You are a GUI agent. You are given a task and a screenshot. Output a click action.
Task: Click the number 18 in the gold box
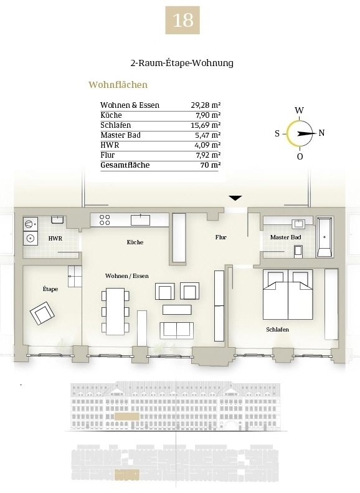(x=183, y=20)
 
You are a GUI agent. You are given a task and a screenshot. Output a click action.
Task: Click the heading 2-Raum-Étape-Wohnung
(x=182, y=63)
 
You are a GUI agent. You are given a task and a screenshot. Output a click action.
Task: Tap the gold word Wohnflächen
(x=118, y=85)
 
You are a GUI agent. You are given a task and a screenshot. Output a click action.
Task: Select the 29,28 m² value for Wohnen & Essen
(x=206, y=105)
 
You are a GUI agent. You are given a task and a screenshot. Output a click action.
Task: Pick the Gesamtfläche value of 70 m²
(x=210, y=165)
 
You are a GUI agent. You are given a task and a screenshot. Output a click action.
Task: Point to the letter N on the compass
(x=321, y=133)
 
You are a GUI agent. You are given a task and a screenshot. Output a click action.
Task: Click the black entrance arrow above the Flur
(x=235, y=198)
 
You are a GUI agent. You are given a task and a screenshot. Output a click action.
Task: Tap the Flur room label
(x=221, y=237)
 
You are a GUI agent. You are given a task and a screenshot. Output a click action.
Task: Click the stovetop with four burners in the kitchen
(x=105, y=220)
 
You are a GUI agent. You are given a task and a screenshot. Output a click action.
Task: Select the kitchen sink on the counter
(x=140, y=220)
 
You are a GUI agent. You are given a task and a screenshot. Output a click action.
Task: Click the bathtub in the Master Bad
(x=324, y=236)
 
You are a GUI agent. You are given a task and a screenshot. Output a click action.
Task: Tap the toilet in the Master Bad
(x=298, y=251)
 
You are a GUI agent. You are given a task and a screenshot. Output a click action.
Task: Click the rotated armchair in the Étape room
(x=42, y=313)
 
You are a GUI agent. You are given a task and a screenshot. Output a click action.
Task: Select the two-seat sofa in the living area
(x=176, y=330)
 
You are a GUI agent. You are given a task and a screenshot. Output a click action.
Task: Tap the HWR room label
(x=55, y=239)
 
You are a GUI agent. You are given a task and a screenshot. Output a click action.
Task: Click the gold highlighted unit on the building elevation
(x=127, y=416)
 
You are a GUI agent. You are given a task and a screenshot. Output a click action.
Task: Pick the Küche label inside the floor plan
(x=135, y=242)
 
